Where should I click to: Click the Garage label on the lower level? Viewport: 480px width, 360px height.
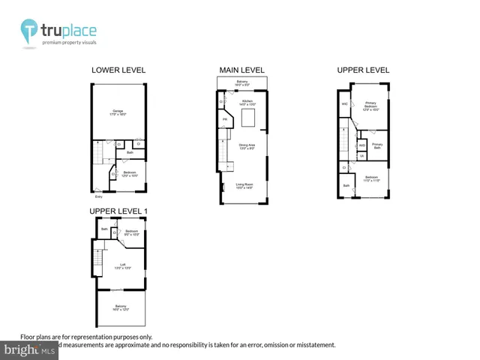pos(118,113)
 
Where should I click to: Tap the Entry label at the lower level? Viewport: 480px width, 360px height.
pos(98,197)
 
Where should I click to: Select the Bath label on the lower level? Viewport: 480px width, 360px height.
pos(130,152)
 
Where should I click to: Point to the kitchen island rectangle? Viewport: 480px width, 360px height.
pos(250,118)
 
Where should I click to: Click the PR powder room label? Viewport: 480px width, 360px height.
pos(224,119)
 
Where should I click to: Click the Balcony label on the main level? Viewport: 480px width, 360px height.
pos(242,82)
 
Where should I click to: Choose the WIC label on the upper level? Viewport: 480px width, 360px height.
pos(344,103)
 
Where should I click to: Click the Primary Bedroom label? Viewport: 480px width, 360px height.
pos(370,106)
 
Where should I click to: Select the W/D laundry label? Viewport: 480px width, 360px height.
pos(361,145)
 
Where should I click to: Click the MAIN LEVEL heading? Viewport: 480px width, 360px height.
pos(241,70)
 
